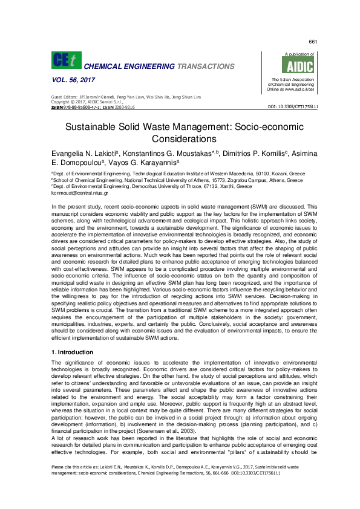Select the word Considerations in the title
180,140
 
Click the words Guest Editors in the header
62,97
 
